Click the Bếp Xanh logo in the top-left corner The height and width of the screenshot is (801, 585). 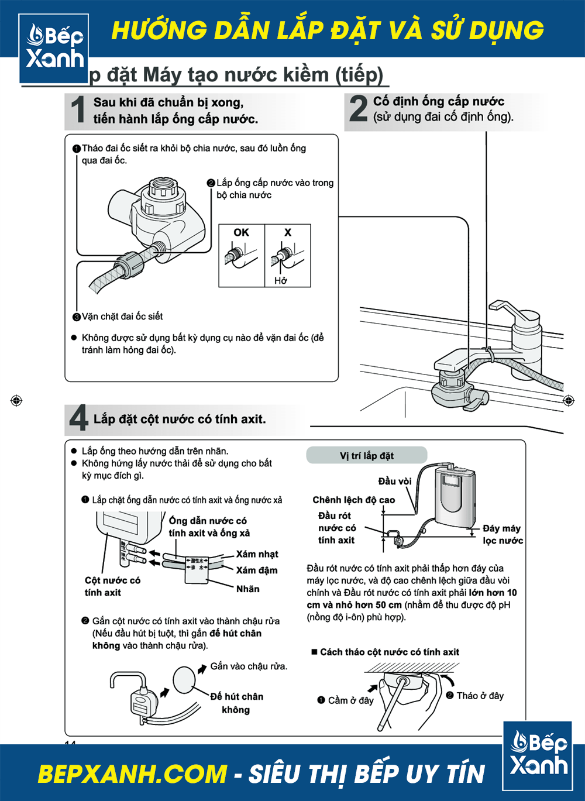54,47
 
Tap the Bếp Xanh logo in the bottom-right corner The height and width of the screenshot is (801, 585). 538,755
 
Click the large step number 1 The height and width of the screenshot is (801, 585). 78,110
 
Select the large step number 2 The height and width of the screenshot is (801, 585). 358,109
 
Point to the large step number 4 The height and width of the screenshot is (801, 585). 78,418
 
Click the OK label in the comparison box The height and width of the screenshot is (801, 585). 241,232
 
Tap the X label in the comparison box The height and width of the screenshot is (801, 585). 287,232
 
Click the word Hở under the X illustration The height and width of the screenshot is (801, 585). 281,281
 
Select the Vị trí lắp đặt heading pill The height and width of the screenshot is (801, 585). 367,456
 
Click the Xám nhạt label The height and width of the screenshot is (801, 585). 257,554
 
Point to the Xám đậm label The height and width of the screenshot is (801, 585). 257,570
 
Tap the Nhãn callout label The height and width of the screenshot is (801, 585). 248,589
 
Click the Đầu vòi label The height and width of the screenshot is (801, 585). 395,481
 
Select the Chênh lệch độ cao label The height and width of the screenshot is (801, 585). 354,500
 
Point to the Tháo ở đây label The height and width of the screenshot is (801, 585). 480,696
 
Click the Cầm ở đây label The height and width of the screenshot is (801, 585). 350,700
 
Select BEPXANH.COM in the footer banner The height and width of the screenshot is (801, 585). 132,774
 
